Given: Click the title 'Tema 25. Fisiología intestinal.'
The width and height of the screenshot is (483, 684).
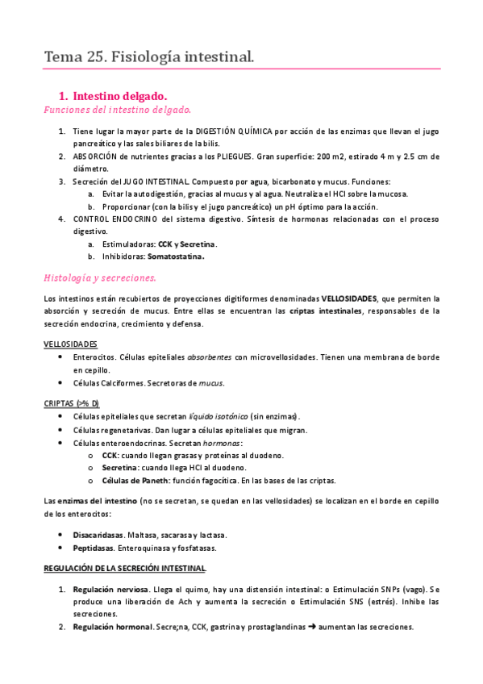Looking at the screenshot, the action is click(149, 56).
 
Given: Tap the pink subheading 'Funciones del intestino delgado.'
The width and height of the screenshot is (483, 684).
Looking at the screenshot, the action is click(117, 109).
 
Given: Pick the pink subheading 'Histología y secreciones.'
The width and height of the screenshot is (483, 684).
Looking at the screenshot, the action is click(100, 277).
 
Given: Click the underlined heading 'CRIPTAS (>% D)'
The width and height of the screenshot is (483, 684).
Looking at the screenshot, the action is click(71, 402).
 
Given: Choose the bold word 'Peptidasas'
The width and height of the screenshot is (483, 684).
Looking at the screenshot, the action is click(94, 548).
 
